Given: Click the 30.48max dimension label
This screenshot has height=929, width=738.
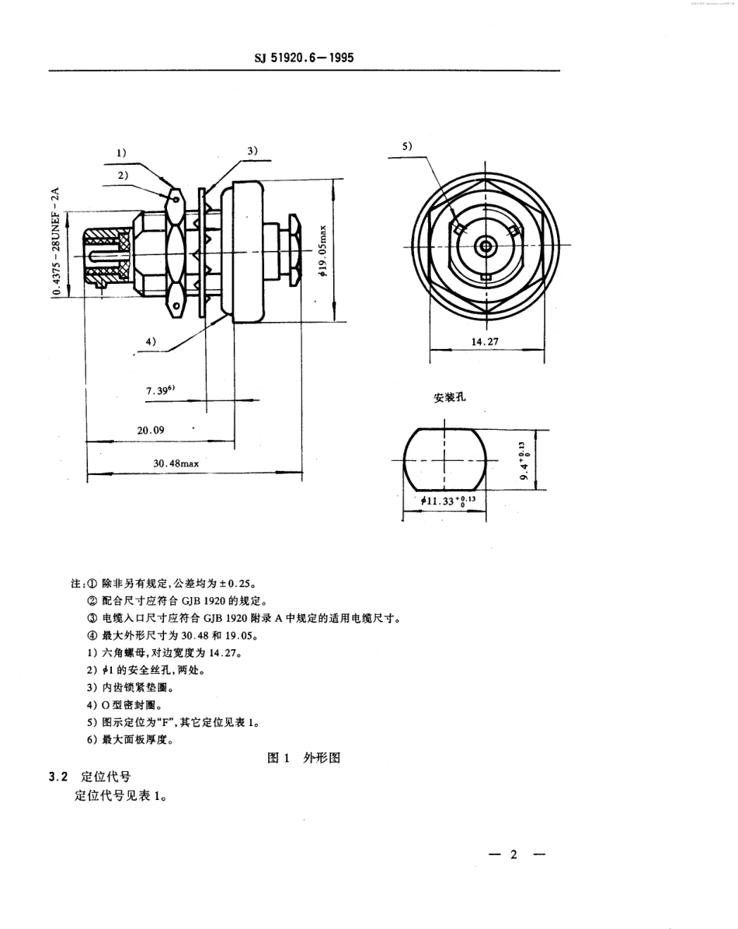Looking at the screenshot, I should pyautogui.click(x=176, y=463).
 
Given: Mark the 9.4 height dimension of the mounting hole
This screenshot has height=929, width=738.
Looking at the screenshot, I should pyautogui.click(x=527, y=460).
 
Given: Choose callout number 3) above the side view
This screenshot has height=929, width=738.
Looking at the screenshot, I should pyautogui.click(x=252, y=151).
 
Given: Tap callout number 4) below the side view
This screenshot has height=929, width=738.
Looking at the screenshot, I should pyautogui.click(x=150, y=341).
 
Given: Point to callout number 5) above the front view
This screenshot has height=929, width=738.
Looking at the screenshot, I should pyautogui.click(x=409, y=145).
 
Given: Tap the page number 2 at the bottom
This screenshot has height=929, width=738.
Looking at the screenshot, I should pyautogui.click(x=513, y=854).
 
